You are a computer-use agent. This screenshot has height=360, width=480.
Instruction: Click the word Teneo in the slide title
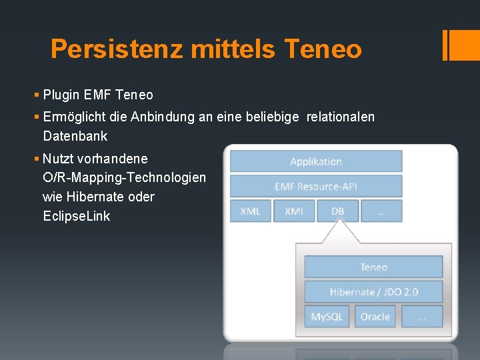click(323, 49)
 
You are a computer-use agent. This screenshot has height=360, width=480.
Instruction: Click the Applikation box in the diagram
click(316, 161)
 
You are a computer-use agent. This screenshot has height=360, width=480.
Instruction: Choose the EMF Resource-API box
click(316, 186)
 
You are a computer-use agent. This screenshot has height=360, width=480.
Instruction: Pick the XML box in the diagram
click(250, 211)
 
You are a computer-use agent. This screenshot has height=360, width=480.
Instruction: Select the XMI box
click(294, 211)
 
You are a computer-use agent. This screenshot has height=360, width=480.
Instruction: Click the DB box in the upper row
click(337, 211)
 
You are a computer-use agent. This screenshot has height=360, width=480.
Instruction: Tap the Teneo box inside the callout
click(373, 267)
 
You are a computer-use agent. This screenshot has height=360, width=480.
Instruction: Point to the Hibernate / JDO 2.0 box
click(373, 292)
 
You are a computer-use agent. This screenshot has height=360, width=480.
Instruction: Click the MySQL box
click(327, 317)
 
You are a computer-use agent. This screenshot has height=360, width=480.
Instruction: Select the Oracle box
click(375, 317)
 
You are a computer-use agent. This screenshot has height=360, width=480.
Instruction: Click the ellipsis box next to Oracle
click(421, 317)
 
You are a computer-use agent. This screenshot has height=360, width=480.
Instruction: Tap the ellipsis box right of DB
click(381, 211)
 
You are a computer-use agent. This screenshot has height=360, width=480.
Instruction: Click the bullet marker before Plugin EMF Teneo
click(37, 95)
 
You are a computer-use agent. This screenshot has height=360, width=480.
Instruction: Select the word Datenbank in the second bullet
click(75, 136)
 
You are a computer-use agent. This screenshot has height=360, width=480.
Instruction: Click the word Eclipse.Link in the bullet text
click(76, 216)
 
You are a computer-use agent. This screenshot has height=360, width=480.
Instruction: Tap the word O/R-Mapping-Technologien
click(124, 177)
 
